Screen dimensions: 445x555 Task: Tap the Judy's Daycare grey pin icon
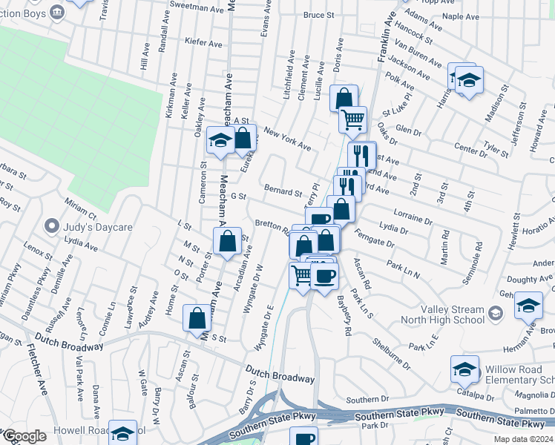tap(51, 225)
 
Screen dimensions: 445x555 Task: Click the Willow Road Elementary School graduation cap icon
tap(464, 369)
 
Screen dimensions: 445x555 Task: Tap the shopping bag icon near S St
tap(197, 318)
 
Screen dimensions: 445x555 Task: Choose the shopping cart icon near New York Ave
tap(352, 119)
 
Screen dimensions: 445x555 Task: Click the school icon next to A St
tap(220, 140)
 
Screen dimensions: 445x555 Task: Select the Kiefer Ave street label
tap(204, 44)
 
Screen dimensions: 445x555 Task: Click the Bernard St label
tap(282, 192)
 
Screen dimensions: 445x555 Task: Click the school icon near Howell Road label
tap(122, 432)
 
